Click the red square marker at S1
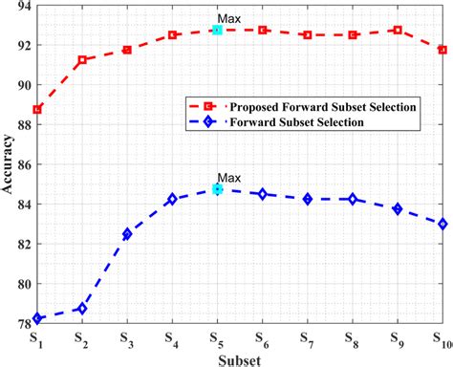[x=37, y=109]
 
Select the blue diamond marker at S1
[x=37, y=318]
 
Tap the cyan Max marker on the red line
[x=218, y=30]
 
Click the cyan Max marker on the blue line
[x=218, y=189]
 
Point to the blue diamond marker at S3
[x=127, y=234]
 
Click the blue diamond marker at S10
[x=442, y=224]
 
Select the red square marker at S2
[x=82, y=59]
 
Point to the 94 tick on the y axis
[x=21, y=6]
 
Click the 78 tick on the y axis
[x=21, y=324]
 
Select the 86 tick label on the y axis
[x=21, y=164]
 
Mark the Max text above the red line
[x=229, y=18]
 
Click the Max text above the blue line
[x=229, y=178]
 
